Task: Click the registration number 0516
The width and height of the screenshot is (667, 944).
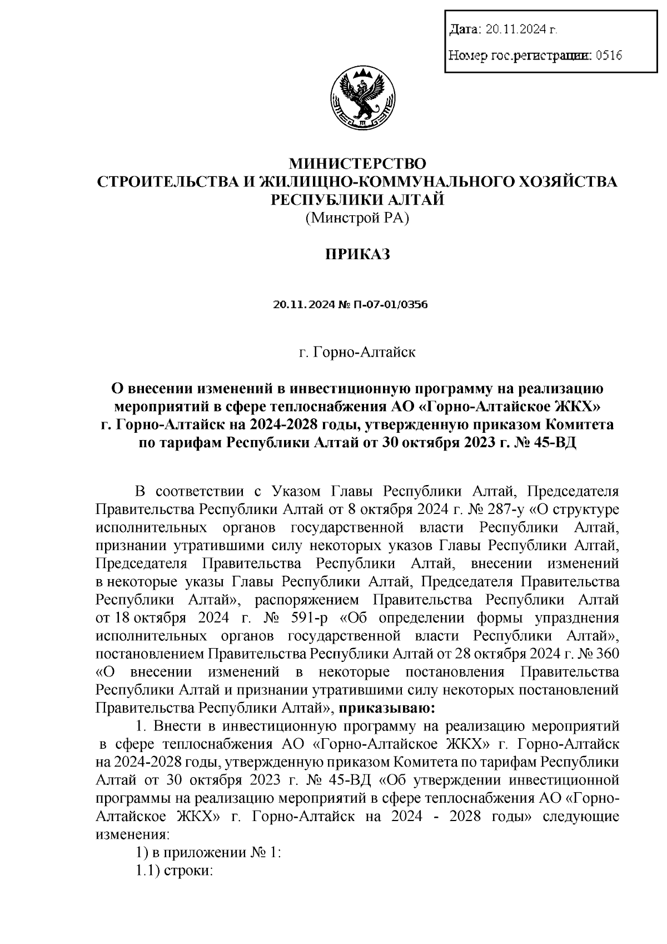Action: (x=608, y=55)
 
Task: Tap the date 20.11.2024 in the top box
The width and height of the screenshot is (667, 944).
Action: (x=519, y=29)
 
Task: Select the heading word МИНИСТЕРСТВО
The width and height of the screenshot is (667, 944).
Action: (x=357, y=164)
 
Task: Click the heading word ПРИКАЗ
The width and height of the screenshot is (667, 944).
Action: (x=357, y=255)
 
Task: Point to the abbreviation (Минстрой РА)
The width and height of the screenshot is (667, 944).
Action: (x=357, y=219)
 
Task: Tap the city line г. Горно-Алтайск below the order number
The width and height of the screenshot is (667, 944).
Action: (x=357, y=352)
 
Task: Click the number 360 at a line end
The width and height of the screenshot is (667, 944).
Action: (x=607, y=654)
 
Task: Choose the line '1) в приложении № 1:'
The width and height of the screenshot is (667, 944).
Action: (x=209, y=853)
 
